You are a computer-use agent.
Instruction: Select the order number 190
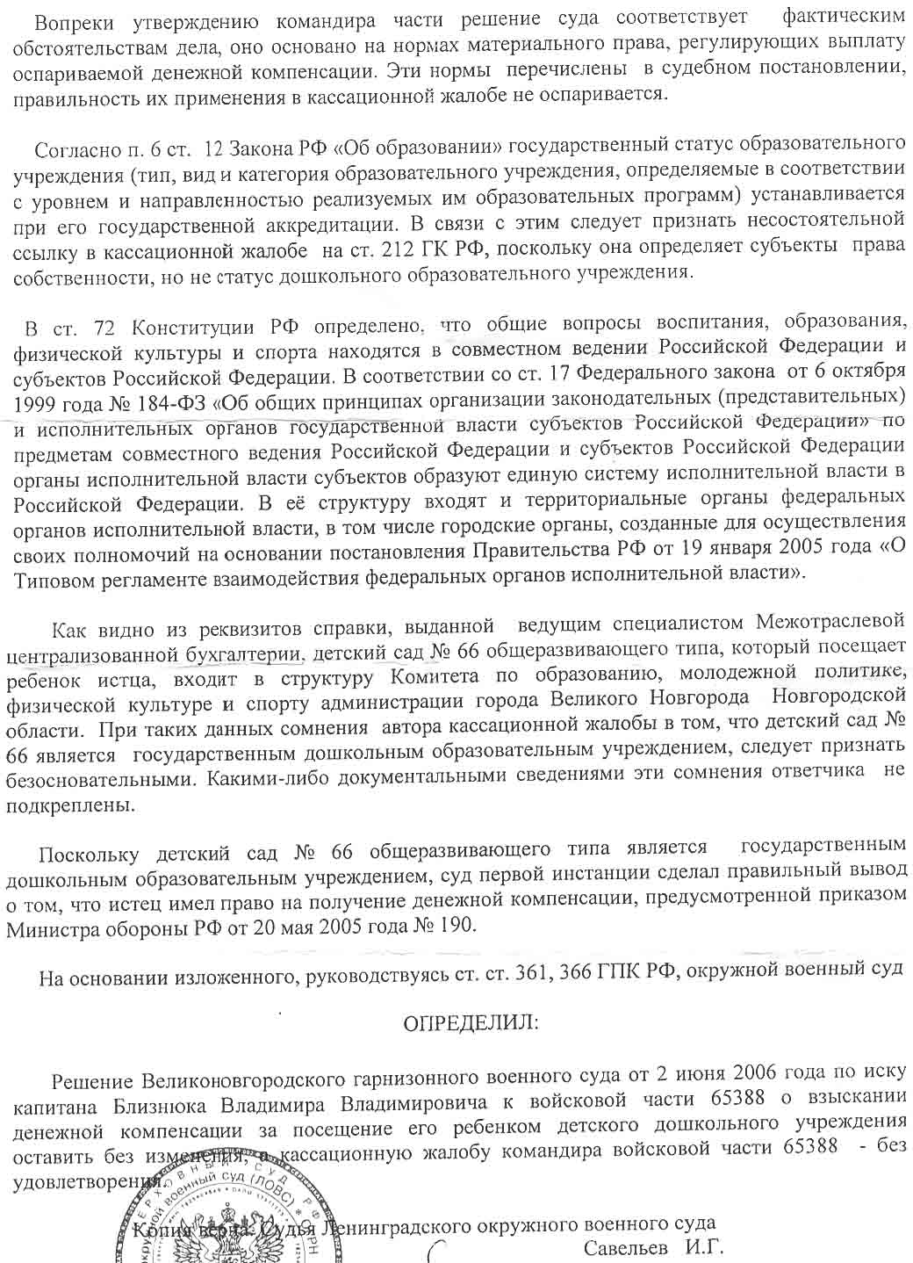click(455, 924)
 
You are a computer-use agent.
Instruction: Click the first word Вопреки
click(70, 18)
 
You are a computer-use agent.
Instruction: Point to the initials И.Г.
click(704, 1246)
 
